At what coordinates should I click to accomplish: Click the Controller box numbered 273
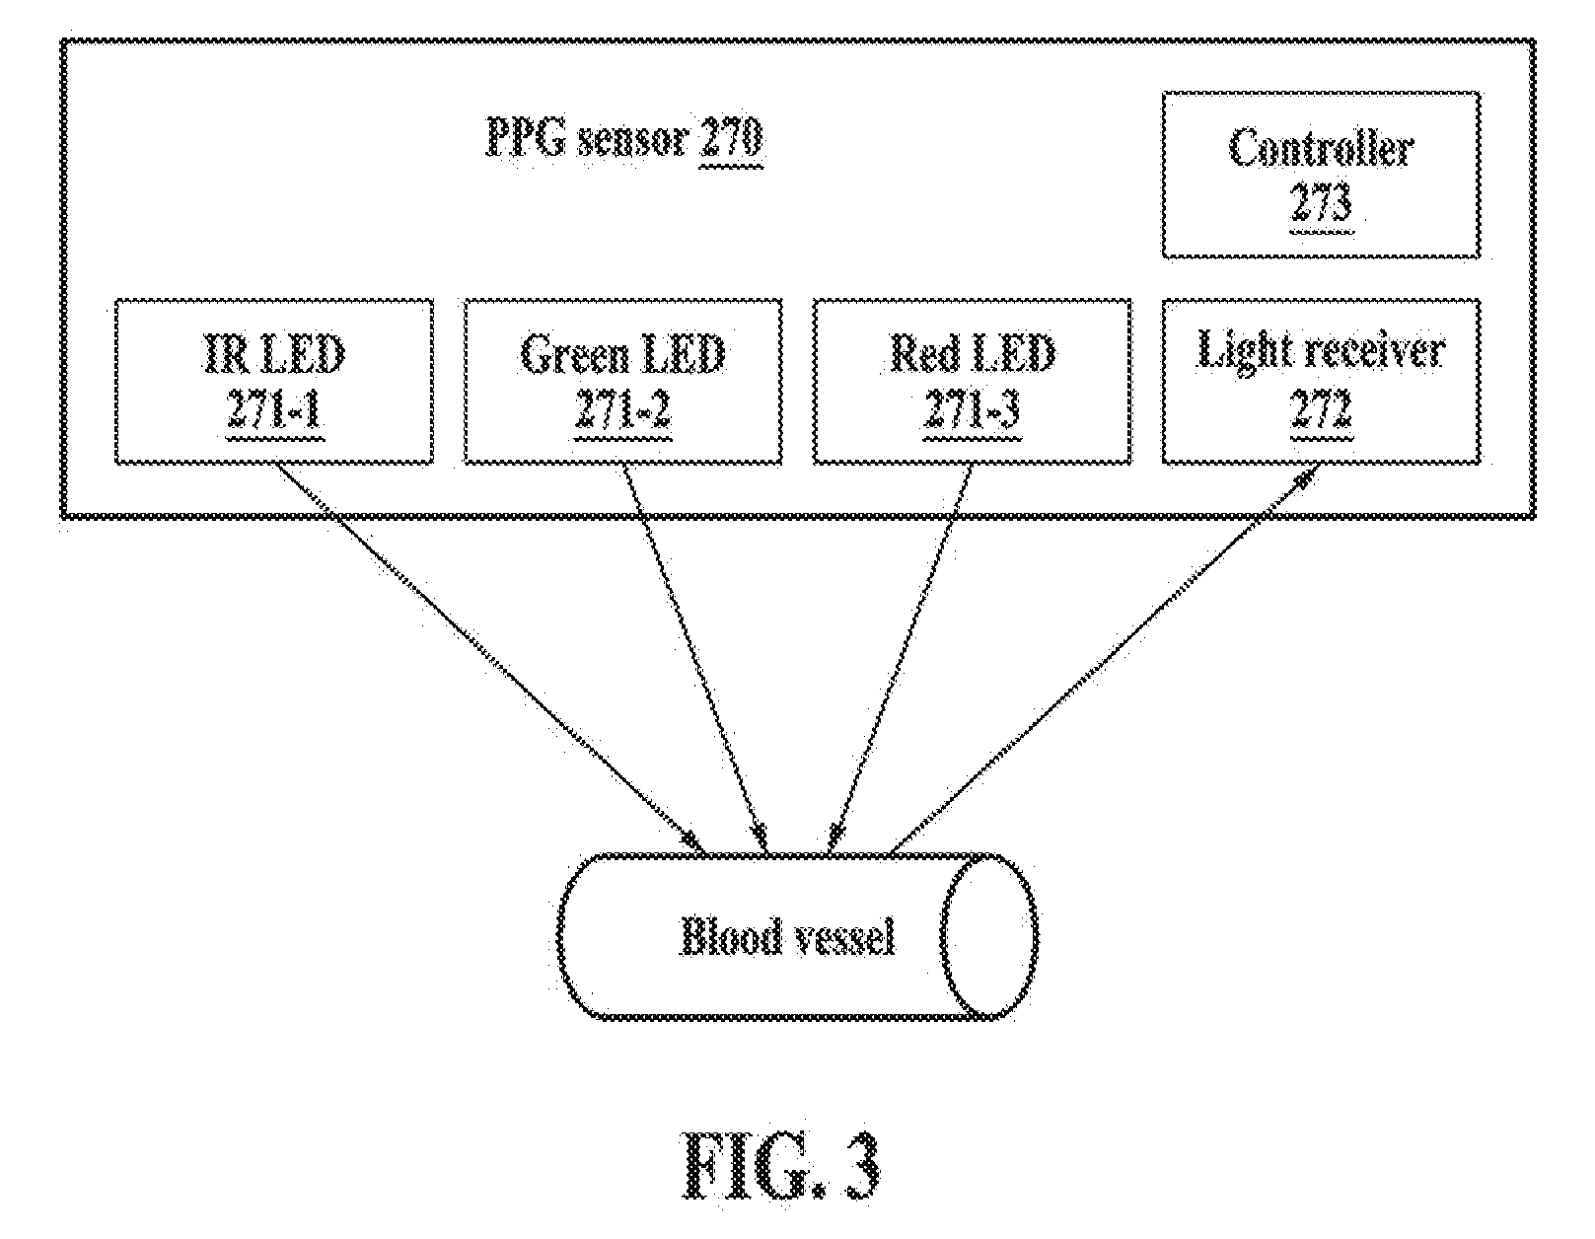click(x=1321, y=175)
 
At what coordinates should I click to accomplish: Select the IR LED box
click(x=274, y=381)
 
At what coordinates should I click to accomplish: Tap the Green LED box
click(x=623, y=381)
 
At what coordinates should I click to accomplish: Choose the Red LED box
click(x=972, y=381)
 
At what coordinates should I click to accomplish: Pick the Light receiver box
click(x=1321, y=381)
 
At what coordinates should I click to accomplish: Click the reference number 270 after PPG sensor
click(x=731, y=138)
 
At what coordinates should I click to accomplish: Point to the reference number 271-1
click(x=274, y=408)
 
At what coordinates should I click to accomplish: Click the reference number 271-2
click(x=622, y=408)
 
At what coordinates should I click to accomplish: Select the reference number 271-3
click(x=972, y=408)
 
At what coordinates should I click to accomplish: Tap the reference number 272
click(x=1321, y=408)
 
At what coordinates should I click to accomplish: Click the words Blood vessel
click(x=787, y=936)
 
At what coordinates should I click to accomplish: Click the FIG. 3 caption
click(x=781, y=1165)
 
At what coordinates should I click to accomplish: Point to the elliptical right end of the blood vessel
click(x=988, y=936)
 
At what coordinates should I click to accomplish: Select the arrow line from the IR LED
click(x=489, y=658)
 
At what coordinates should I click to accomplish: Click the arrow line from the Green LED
click(x=695, y=658)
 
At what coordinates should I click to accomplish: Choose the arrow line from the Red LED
click(x=900, y=658)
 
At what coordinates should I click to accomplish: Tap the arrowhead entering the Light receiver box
click(x=1305, y=479)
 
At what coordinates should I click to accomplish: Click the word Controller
click(x=1321, y=148)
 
